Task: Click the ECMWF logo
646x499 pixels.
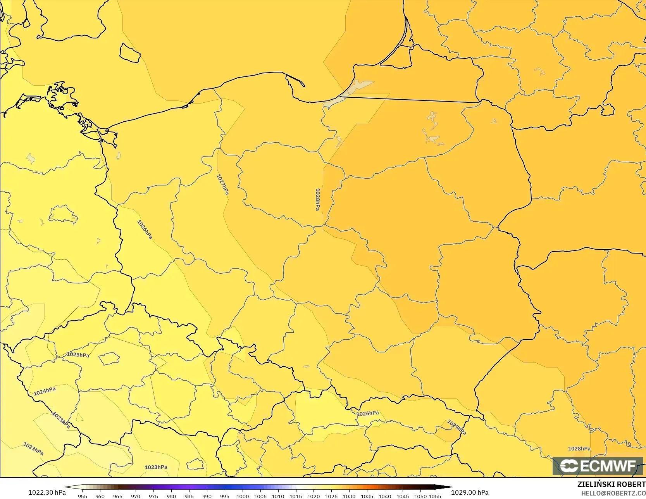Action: pyautogui.click(x=598, y=466)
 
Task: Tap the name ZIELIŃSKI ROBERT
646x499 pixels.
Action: pyautogui.click(x=611, y=485)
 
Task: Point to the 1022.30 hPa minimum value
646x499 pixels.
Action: pyautogui.click(x=47, y=492)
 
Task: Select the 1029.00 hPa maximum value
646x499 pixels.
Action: pyautogui.click(x=470, y=492)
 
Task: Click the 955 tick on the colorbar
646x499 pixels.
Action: pyautogui.click(x=83, y=496)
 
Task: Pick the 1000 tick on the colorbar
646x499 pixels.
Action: pyautogui.click(x=243, y=496)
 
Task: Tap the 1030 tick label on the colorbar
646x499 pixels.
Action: pyautogui.click(x=349, y=496)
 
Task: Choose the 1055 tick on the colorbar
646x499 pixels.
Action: pyautogui.click(x=435, y=496)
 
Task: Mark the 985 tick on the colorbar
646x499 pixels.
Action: pyautogui.click(x=189, y=496)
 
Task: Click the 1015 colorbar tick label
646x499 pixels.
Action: pyautogui.click(x=296, y=496)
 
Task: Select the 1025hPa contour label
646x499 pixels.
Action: pyautogui.click(x=78, y=355)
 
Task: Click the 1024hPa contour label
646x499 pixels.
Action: pyautogui.click(x=45, y=391)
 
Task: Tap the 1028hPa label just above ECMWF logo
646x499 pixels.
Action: pyautogui.click(x=579, y=449)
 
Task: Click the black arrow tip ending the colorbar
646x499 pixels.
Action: pyautogui.click(x=450, y=487)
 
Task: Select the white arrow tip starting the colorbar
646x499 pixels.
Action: pyautogui.click(x=67, y=487)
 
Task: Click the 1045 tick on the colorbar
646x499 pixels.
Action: pyautogui.click(x=403, y=496)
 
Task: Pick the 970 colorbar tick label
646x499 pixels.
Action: pyautogui.click(x=136, y=496)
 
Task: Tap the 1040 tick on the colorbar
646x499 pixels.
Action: pyautogui.click(x=385, y=496)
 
